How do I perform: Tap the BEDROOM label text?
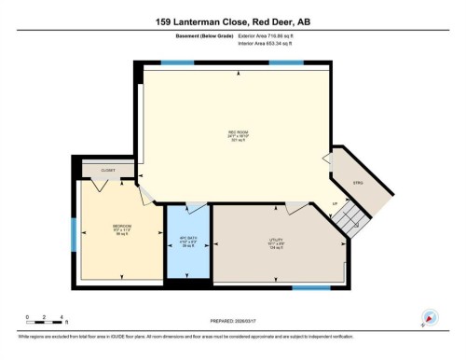[122, 227]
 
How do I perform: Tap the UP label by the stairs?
[334, 203]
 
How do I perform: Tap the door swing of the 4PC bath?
[197, 208]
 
